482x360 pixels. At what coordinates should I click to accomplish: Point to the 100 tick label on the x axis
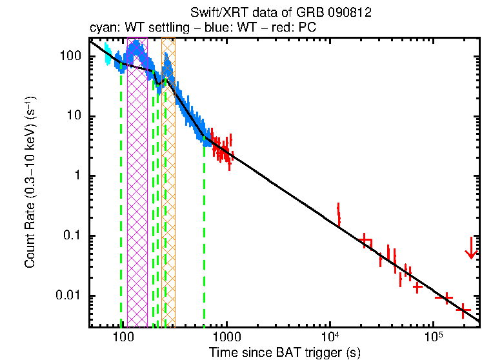click(122, 337)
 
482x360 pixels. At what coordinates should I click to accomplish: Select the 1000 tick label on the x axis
click(226, 337)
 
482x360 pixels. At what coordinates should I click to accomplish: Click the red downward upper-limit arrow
click(472, 248)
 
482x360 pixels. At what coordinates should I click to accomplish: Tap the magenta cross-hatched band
click(137, 194)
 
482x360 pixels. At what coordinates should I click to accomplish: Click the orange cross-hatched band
click(168, 194)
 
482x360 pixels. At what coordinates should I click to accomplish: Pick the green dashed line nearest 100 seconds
click(121, 194)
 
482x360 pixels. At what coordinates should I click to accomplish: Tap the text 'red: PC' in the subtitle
click(296, 28)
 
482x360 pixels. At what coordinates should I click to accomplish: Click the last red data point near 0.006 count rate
click(463, 310)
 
